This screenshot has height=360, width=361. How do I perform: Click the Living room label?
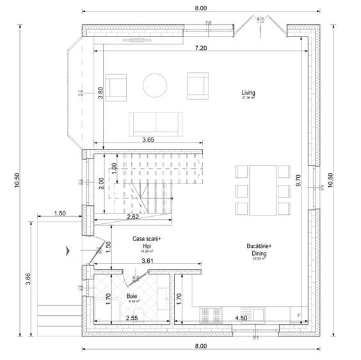248,93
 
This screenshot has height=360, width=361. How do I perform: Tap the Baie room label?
131,296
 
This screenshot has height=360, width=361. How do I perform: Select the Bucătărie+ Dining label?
259,249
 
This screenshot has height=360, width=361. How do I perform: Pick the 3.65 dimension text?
148,139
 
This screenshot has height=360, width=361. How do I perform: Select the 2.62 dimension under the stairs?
132,217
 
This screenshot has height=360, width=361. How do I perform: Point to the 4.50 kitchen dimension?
242,318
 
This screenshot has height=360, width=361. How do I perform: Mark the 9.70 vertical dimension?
298,181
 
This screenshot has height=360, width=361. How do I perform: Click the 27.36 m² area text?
248,98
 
